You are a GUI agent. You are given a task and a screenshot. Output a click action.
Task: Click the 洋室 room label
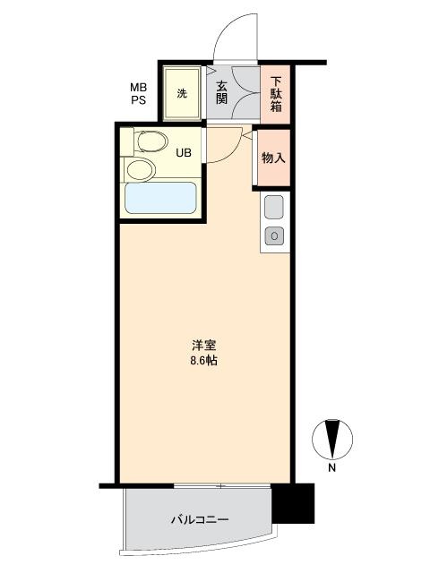[x=204, y=346]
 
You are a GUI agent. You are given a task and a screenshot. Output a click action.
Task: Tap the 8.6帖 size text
[x=203, y=361]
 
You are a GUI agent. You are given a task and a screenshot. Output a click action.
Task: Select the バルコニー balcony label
[x=200, y=519]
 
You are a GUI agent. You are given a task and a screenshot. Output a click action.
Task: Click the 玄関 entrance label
[x=221, y=92]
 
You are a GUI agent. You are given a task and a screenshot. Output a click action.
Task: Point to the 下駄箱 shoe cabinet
[x=275, y=94]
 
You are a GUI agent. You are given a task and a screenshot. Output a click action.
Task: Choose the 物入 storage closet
[x=273, y=158]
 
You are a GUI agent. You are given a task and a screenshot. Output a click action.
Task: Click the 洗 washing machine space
[x=182, y=93]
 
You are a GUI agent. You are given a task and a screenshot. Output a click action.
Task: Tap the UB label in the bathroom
[x=184, y=153]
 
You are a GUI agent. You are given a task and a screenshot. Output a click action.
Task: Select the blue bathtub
[x=161, y=198]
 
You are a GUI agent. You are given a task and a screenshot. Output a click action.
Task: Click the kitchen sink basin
[x=274, y=207]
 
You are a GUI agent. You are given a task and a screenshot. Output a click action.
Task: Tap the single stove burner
[x=274, y=236]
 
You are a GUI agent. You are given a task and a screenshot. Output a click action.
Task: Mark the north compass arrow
[x=332, y=439]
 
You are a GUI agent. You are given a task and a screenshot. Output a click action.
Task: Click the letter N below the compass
[x=332, y=467]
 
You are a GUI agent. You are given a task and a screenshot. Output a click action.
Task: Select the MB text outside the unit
[x=139, y=88]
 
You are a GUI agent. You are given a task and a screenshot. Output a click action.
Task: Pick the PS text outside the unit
[x=139, y=99]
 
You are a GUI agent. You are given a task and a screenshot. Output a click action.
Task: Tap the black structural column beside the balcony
[x=293, y=503]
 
